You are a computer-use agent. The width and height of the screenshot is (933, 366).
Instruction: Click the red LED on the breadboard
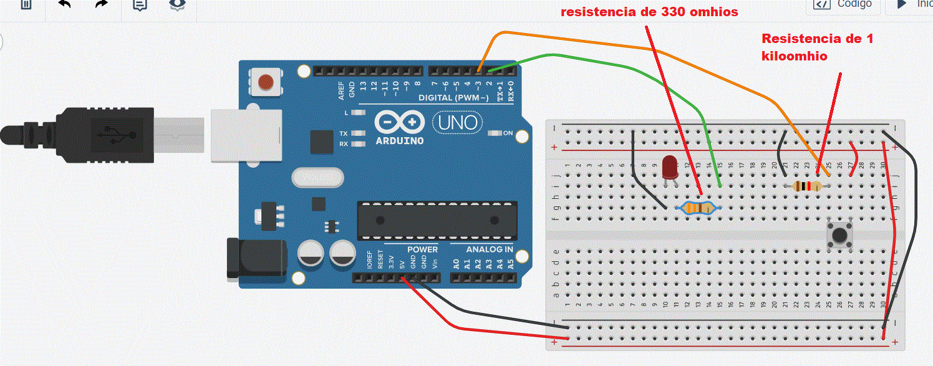(670, 166)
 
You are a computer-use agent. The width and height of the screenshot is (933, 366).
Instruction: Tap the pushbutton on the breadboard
(839, 234)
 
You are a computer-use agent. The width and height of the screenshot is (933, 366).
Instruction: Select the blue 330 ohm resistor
(699, 208)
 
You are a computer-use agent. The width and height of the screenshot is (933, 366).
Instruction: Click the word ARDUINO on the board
(399, 140)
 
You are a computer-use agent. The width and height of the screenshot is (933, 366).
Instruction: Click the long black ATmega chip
(437, 220)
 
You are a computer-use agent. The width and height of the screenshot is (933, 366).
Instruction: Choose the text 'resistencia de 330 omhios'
(649, 12)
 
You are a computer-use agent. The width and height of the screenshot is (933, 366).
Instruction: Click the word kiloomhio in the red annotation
(795, 56)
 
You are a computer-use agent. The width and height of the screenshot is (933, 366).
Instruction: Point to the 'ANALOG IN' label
(490, 249)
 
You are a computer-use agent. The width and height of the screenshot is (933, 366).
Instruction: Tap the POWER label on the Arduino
(423, 249)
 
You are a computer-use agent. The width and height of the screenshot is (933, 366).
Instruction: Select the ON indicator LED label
(508, 133)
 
